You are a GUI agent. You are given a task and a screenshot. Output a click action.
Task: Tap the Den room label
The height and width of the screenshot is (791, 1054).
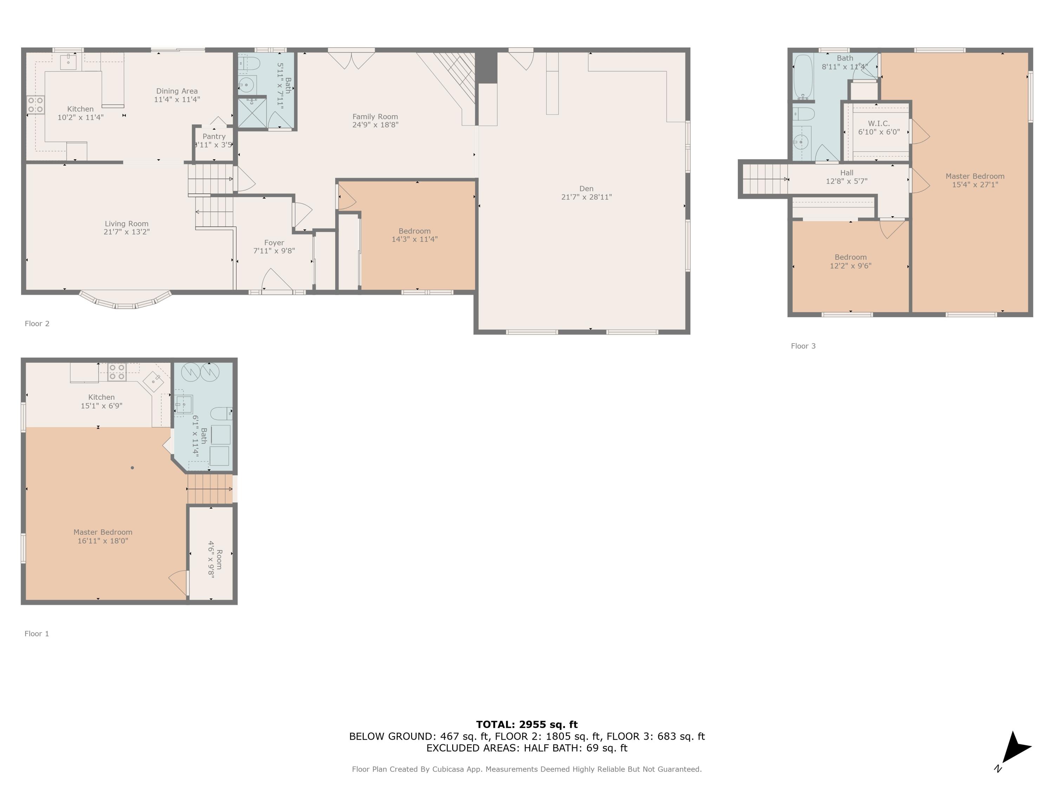tap(586, 189)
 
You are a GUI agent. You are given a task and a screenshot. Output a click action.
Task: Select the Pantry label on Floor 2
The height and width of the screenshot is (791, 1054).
tap(214, 136)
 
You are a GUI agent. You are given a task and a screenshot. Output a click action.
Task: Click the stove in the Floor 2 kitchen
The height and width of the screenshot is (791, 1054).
tap(35, 104)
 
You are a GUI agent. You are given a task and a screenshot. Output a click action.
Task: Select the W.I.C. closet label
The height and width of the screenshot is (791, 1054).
tap(879, 123)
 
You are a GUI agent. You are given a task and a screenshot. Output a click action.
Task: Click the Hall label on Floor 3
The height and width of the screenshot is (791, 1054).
tap(846, 173)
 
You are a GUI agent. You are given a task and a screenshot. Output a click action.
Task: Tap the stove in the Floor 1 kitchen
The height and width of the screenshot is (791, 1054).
tap(117, 372)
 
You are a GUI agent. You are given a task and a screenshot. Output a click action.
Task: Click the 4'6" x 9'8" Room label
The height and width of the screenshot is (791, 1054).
tap(215, 559)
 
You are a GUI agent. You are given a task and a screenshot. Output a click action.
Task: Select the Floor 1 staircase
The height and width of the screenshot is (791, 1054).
tap(210, 489)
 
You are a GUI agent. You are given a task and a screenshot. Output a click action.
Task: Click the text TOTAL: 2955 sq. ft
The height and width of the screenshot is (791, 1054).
tap(527, 725)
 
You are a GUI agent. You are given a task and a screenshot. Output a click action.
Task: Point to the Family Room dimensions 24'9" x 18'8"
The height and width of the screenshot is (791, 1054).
tap(375, 125)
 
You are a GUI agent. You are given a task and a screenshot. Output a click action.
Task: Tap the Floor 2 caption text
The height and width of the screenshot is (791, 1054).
tap(37, 324)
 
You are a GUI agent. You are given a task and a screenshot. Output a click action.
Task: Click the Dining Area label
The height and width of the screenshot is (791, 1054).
tap(177, 91)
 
